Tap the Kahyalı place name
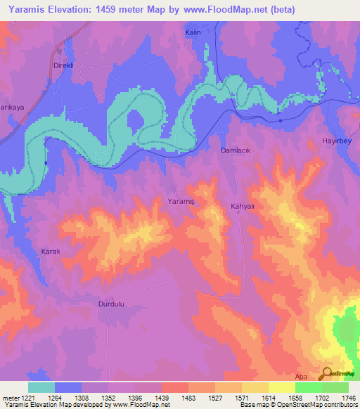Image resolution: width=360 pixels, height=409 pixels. click(245, 207)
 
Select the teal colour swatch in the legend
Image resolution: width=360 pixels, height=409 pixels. click(41, 387)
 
